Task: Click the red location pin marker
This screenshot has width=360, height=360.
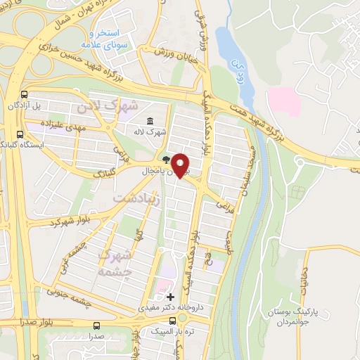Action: pyautogui.click(x=181, y=164)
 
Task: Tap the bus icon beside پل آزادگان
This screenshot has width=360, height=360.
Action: pyautogui.click(x=25, y=94)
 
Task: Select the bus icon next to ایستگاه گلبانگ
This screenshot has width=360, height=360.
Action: pyautogui.click(x=20, y=133)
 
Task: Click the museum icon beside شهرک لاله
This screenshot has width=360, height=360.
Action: pyautogui.click(x=150, y=131)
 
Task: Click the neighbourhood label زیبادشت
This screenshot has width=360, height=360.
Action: pyautogui.click(x=137, y=199)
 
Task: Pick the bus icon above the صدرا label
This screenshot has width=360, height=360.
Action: pyautogui.click(x=96, y=326)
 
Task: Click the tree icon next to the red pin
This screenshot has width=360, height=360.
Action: pyautogui.click(x=165, y=159)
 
